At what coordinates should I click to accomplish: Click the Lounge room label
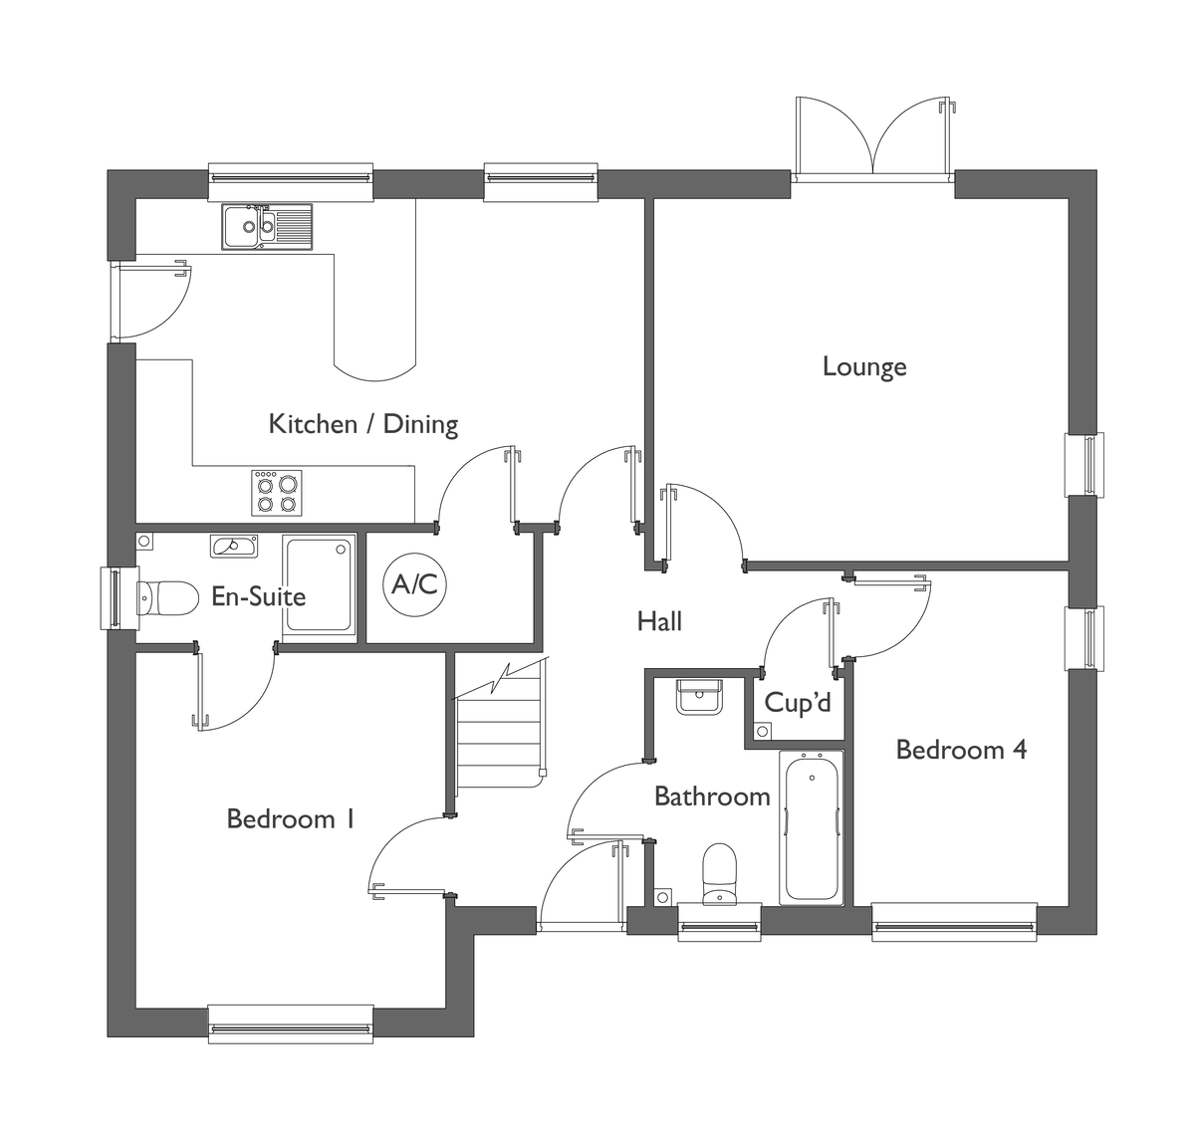coord(863,367)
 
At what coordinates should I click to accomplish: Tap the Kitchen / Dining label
coord(362,424)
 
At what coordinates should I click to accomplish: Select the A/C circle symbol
coord(414,584)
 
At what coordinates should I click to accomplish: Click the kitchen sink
coord(267,227)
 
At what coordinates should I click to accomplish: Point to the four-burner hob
coord(277,493)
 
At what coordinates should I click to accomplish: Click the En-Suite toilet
coord(167,598)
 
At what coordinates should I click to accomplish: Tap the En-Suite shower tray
coord(319,586)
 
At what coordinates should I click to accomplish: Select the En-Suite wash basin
coord(234,546)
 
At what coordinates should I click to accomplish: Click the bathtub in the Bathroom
coord(812,828)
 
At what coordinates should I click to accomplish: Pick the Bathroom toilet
coord(720,874)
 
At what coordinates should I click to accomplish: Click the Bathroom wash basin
coord(699,697)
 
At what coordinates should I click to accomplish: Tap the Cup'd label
coord(797,703)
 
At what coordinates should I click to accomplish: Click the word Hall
coord(659,621)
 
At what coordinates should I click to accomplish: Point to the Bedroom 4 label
coord(961,750)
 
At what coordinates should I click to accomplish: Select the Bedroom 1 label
coord(290,819)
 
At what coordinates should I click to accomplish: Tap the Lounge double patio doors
coord(873,138)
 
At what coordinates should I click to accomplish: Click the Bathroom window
coord(720,922)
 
